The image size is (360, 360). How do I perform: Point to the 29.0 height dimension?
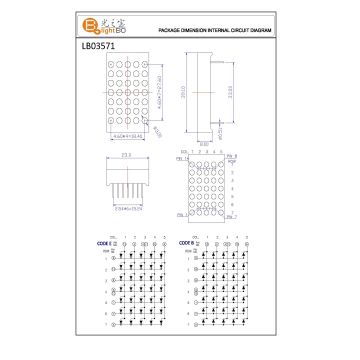(182, 93)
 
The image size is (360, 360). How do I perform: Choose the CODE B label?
(187, 242)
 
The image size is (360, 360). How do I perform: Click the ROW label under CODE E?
(104, 251)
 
